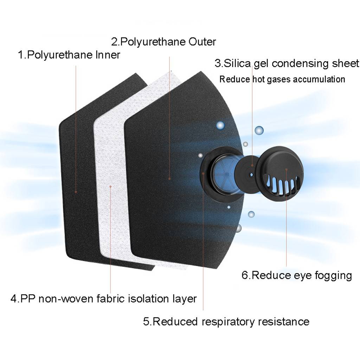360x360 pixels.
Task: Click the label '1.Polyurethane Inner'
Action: pyautogui.click(x=69, y=55)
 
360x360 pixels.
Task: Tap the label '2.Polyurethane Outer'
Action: pyautogui.click(x=163, y=42)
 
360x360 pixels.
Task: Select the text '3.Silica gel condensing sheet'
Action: pyautogui.click(x=287, y=64)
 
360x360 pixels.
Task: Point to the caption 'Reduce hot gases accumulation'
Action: pyautogui.click(x=282, y=79)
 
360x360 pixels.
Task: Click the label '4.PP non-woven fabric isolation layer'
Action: pyautogui.click(x=103, y=299)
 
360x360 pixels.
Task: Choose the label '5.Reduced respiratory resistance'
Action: pyautogui.click(x=226, y=321)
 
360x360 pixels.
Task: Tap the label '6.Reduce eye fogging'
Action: pyautogui.click(x=296, y=275)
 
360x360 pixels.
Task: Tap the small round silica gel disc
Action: pyautogui.click(x=250, y=174)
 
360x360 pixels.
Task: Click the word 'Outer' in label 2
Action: pyautogui.click(x=202, y=42)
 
